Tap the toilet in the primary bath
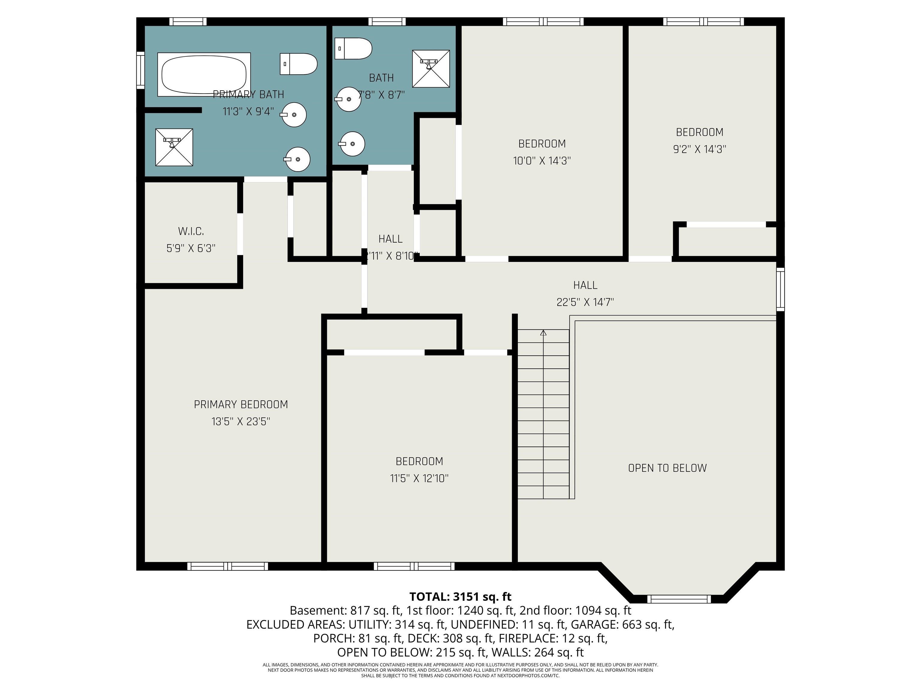[x=298, y=64]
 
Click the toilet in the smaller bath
[x=353, y=48]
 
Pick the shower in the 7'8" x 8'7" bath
[x=431, y=69]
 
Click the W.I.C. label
[x=191, y=231]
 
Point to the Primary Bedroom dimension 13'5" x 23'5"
[x=241, y=421]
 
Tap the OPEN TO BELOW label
[x=667, y=468]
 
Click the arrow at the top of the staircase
[x=543, y=333]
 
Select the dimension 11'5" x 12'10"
[x=419, y=479]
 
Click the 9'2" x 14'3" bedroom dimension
[x=699, y=149]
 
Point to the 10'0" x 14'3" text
[x=542, y=161]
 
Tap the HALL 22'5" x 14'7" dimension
[x=585, y=302]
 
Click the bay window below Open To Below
[x=679, y=599]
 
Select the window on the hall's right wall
[x=780, y=289]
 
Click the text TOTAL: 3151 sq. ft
[x=460, y=597]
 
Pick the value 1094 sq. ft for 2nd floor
[x=603, y=611]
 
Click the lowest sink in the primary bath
[x=297, y=159]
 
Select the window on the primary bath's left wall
[x=141, y=70]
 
